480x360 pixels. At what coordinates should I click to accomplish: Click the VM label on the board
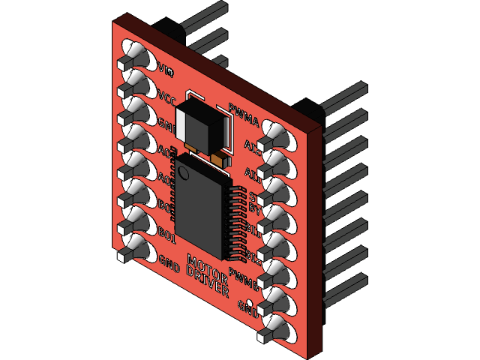[x=166, y=71]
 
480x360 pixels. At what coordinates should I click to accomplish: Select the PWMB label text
[x=244, y=278]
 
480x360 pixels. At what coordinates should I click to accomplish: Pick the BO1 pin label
[x=166, y=236]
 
